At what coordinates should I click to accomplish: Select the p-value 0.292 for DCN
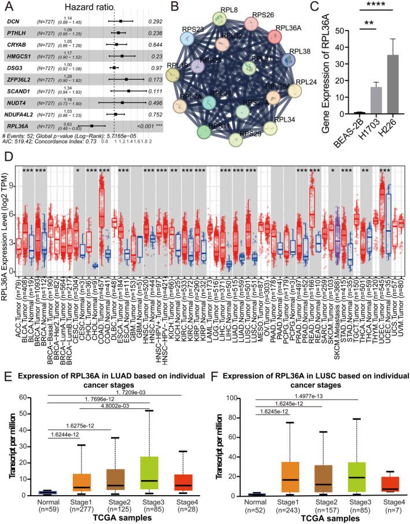pyautogui.click(x=154, y=21)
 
